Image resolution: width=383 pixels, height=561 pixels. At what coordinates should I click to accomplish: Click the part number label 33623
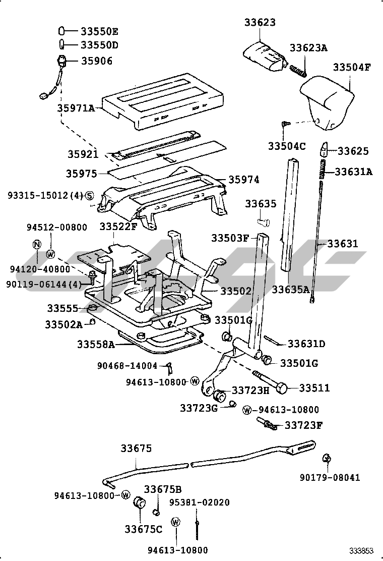(260, 23)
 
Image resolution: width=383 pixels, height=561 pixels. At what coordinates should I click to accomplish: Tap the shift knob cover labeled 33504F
(327, 102)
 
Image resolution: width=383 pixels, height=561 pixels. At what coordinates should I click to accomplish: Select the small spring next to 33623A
(298, 70)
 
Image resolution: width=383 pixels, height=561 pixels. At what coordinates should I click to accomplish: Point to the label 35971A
(76, 107)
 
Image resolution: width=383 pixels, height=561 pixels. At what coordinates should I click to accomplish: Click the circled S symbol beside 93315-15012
(89, 195)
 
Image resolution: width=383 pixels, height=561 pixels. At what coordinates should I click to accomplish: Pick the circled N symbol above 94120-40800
(37, 244)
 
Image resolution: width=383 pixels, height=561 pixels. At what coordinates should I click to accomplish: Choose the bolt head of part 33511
(282, 388)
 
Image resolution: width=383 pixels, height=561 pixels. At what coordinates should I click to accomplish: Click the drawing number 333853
(361, 550)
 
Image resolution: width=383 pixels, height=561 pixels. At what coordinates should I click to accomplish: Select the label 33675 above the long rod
(136, 448)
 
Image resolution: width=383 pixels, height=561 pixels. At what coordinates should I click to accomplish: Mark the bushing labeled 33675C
(139, 502)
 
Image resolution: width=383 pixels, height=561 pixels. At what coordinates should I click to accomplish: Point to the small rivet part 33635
(264, 221)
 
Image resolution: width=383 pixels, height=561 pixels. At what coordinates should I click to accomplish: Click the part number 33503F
(229, 238)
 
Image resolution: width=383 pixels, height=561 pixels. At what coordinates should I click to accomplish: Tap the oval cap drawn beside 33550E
(61, 31)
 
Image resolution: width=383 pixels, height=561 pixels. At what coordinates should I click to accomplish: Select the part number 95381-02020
(200, 502)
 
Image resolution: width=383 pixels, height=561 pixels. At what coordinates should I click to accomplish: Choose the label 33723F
(304, 425)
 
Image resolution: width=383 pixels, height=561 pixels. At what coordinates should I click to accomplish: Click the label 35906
(97, 61)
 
